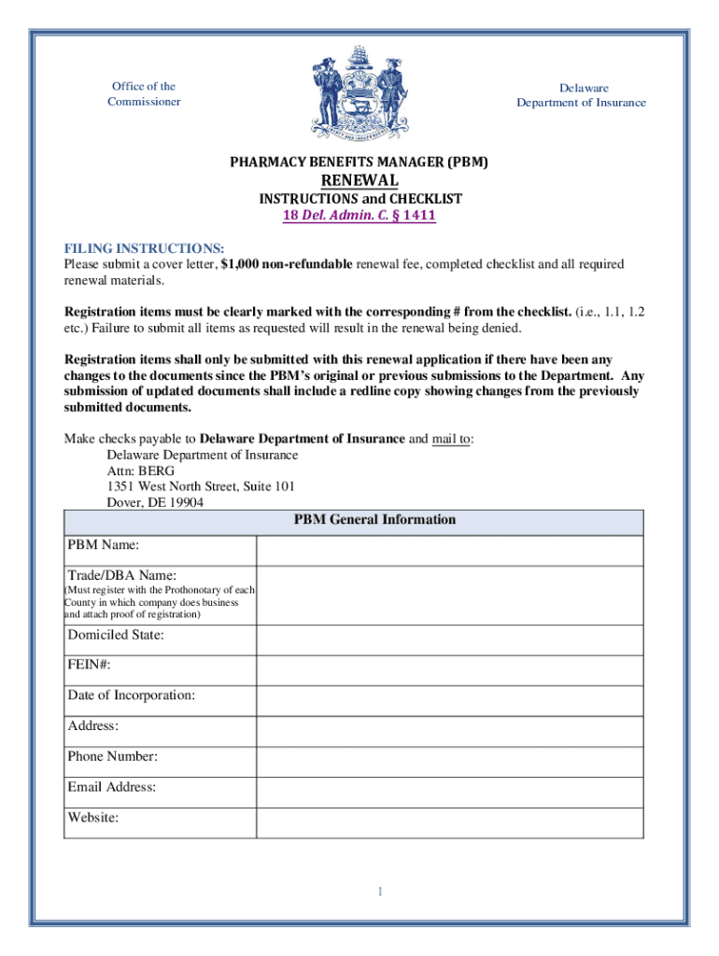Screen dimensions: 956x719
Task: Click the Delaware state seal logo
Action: point(359,94)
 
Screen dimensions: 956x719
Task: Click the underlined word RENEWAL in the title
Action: point(359,180)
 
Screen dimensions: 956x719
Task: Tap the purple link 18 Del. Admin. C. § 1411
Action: point(359,216)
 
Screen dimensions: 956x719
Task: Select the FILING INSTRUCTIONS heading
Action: point(144,248)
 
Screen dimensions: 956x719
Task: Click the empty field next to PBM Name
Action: point(449,550)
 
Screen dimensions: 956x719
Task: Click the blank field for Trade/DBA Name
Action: point(449,595)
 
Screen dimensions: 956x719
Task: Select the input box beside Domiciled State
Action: point(449,640)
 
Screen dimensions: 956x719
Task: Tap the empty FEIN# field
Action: point(449,669)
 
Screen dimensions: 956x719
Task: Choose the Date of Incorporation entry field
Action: point(449,700)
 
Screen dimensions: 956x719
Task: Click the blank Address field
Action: point(449,731)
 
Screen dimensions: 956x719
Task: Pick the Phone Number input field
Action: point(449,761)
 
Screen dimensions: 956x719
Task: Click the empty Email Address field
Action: point(449,792)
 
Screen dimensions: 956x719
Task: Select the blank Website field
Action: point(449,822)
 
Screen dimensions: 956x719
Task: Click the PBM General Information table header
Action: point(374,520)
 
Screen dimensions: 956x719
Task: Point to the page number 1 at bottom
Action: point(380,892)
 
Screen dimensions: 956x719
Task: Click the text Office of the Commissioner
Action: point(143,93)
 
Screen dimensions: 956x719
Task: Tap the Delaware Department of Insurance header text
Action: point(581,94)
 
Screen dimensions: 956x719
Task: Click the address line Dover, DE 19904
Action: point(155,501)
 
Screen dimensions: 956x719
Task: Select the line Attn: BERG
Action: point(141,471)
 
